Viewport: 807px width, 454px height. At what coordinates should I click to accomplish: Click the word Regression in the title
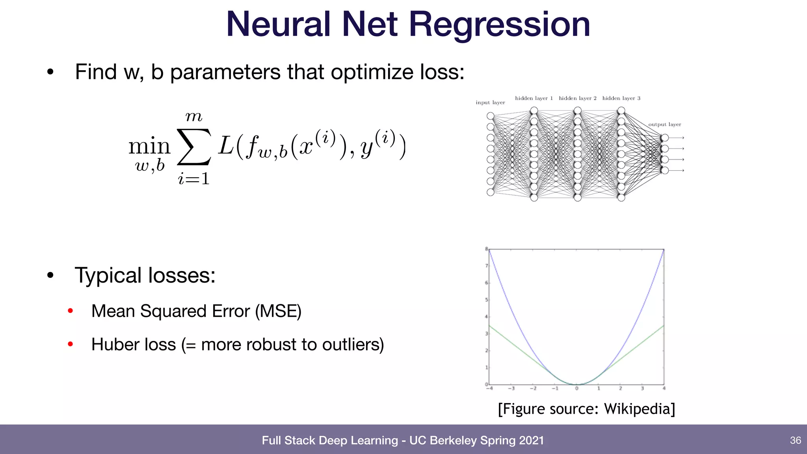click(x=499, y=24)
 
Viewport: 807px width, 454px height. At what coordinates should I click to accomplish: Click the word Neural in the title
click(x=278, y=24)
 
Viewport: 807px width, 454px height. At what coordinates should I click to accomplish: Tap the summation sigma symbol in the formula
click(x=193, y=147)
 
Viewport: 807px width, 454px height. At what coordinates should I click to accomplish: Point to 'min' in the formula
click(x=149, y=146)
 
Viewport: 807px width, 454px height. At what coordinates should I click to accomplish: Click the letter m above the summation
click(x=193, y=117)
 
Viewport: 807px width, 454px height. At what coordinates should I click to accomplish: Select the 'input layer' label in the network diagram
click(x=490, y=102)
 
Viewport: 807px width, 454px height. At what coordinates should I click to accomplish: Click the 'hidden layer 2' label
click(x=577, y=98)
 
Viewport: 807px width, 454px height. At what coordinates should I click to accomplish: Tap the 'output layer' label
click(x=664, y=125)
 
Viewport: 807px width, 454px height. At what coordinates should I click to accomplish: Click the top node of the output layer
click(x=665, y=138)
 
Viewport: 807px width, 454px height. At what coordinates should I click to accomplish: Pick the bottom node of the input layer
click(x=490, y=192)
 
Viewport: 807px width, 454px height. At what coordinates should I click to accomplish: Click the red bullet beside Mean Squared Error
click(x=71, y=311)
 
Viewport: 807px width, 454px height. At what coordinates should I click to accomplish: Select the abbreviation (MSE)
click(x=278, y=311)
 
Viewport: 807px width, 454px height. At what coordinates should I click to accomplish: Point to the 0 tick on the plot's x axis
click(x=576, y=389)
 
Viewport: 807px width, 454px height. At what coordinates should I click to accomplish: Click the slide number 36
click(x=795, y=440)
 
